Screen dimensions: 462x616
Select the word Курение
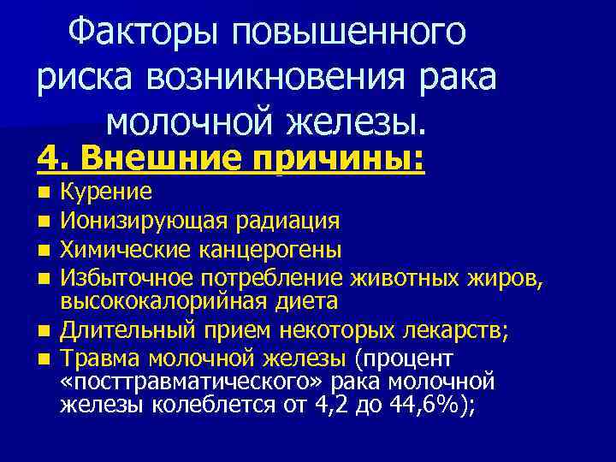click(x=106, y=191)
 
